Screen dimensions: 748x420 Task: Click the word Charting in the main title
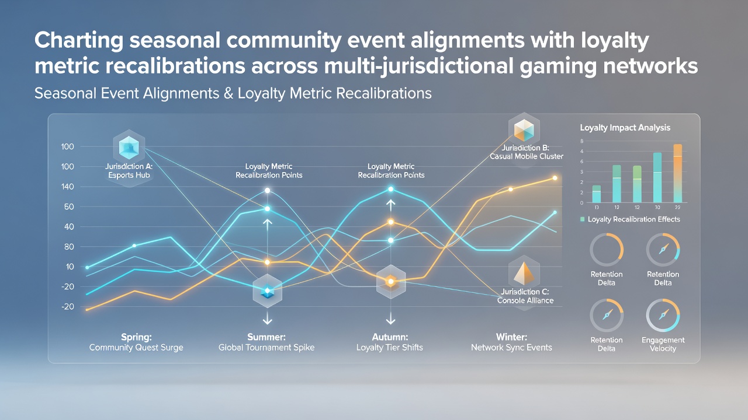click(x=79, y=41)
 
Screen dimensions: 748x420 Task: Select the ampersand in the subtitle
click(x=228, y=93)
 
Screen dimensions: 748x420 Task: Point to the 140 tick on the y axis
click(x=67, y=187)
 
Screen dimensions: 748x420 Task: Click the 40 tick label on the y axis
click(x=69, y=227)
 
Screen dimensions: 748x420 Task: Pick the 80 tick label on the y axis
click(x=69, y=247)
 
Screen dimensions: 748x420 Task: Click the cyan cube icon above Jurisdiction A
click(x=129, y=148)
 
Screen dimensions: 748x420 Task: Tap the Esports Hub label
click(x=129, y=175)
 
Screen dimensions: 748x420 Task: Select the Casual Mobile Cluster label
click(x=527, y=156)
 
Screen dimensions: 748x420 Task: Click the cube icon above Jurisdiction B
click(x=524, y=129)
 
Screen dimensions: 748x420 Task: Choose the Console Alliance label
click(x=525, y=300)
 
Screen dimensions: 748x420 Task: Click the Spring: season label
click(x=136, y=337)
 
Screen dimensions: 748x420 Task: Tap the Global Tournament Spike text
click(x=266, y=348)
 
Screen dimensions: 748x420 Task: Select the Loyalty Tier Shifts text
click(x=390, y=348)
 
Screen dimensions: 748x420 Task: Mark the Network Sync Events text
click(x=511, y=348)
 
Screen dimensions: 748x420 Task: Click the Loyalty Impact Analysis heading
click(x=625, y=128)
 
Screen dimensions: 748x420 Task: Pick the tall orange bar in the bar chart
click(x=677, y=173)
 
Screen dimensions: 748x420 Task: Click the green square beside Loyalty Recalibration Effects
click(x=583, y=219)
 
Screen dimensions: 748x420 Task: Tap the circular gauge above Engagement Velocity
click(x=663, y=316)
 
